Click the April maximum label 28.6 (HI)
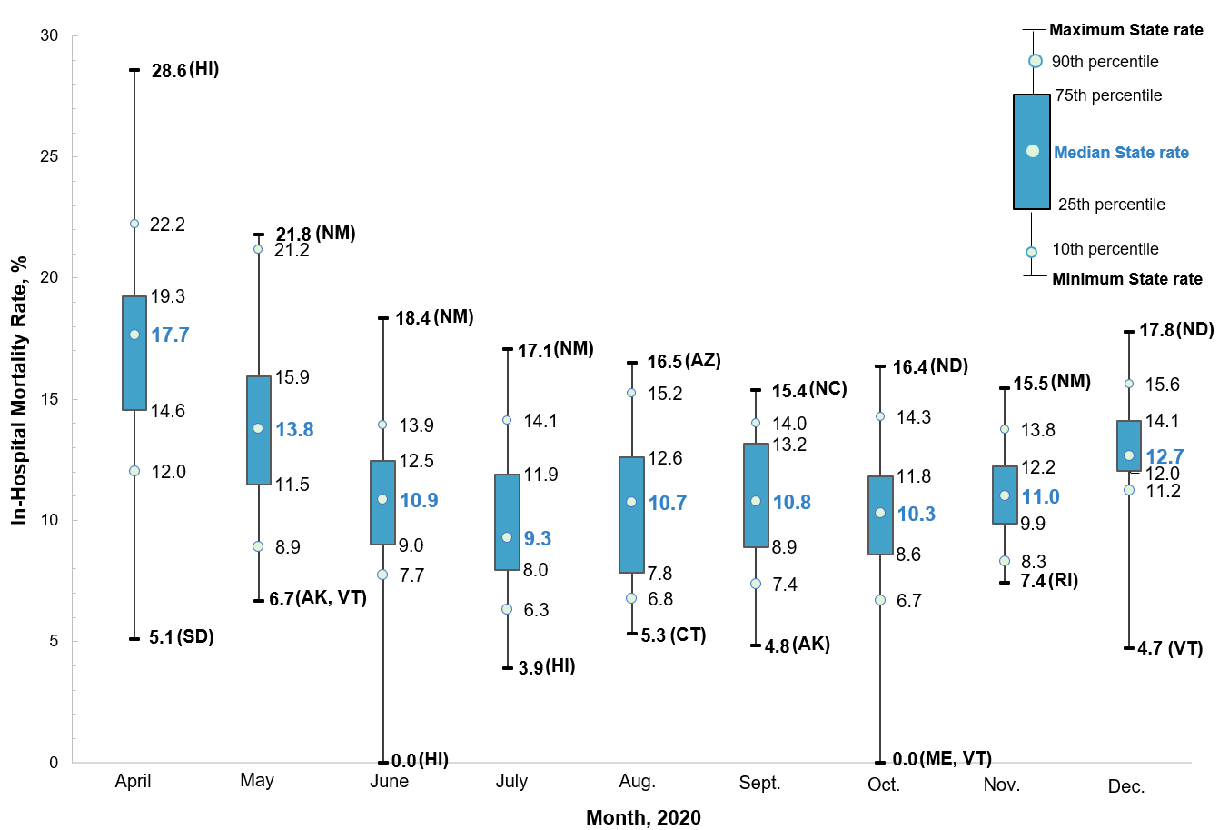pos(185,70)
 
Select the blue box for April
pos(134,353)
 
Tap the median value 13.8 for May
pos(294,429)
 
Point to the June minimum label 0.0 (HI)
pos(420,760)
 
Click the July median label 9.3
pos(537,538)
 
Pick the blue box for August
pos(631,515)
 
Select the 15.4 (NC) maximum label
pos(808,390)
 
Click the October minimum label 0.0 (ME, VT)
pos(942,759)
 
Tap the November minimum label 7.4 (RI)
pos(1049,581)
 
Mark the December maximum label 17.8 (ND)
pos(1176,330)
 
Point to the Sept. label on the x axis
pos(759,783)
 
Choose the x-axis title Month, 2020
pos(643,817)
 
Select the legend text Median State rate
pos(1121,153)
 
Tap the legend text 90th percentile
pos(1105,62)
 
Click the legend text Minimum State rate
pos(1126,279)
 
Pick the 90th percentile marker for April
pos(134,224)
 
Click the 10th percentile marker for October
pos(880,600)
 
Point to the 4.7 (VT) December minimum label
pos(1170,648)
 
